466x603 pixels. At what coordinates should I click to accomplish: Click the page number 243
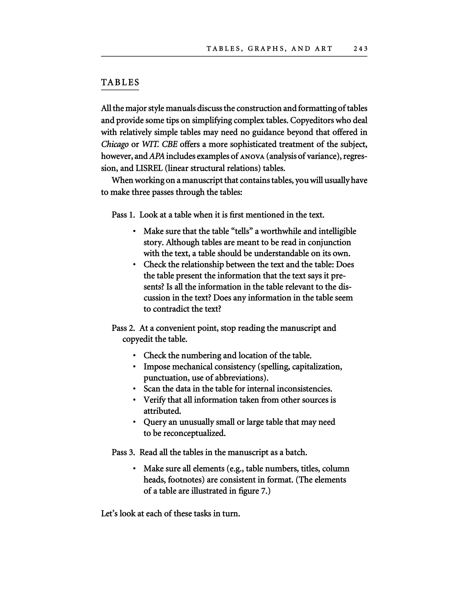360,49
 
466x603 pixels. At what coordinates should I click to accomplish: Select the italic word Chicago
115,144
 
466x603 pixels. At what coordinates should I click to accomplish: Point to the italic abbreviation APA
157,156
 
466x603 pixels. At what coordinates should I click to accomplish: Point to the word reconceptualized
194,433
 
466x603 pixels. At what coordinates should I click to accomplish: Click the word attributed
162,411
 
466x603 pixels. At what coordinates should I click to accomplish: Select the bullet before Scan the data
134,389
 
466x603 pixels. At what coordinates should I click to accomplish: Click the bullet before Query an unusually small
134,422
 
